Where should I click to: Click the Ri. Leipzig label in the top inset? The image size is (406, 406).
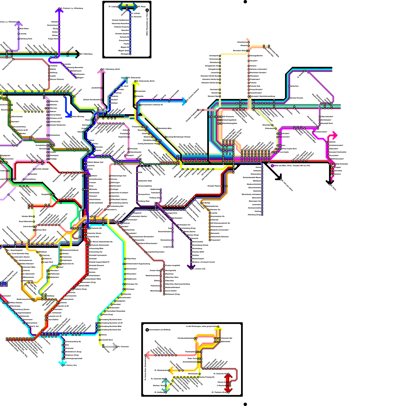(x=113, y=7)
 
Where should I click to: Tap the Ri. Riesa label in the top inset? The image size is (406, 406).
(x=142, y=7)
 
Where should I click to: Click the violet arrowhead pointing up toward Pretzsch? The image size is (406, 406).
(x=59, y=10)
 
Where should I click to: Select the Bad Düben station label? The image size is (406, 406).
(x=24, y=29)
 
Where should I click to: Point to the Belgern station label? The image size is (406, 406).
(x=80, y=78)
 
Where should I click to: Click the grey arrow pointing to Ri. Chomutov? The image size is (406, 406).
(x=114, y=347)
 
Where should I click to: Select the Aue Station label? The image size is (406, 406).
(x=54, y=319)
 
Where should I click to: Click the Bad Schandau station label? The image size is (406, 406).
(x=342, y=164)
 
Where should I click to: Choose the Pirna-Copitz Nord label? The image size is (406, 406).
(x=289, y=149)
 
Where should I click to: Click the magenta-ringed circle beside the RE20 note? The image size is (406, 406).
(x=272, y=166)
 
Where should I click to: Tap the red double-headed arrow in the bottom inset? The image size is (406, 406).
(x=228, y=383)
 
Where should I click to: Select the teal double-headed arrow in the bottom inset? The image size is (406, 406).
(x=166, y=385)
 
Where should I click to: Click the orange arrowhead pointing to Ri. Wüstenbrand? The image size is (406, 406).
(x=171, y=370)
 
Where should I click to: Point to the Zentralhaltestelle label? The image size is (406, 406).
(x=190, y=362)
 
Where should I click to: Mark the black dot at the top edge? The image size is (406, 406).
(x=245, y=2)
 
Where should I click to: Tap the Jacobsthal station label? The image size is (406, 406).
(x=96, y=88)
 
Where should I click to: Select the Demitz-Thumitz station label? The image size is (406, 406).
(x=297, y=98)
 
